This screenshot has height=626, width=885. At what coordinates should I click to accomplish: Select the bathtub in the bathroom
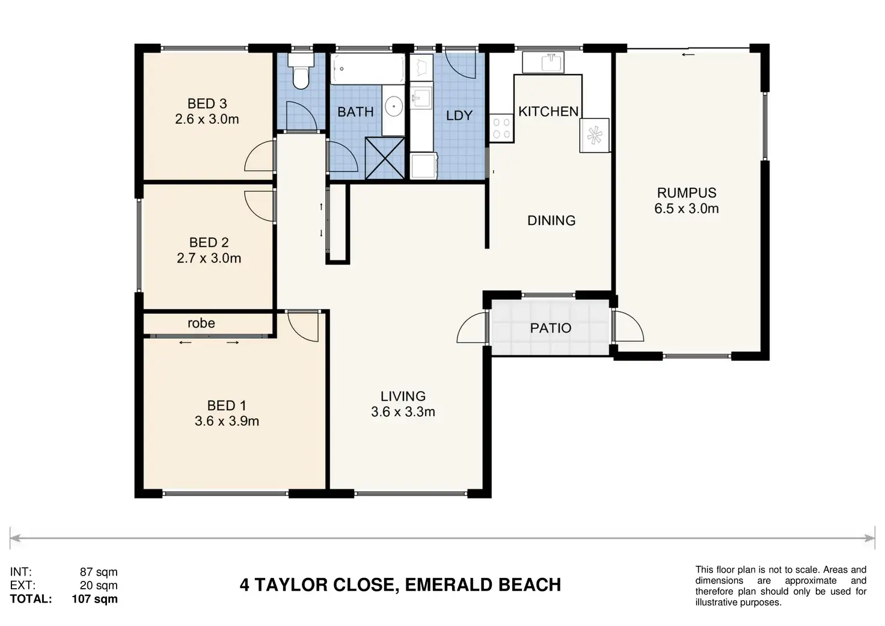368,69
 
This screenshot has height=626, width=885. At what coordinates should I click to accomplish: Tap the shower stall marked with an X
385,158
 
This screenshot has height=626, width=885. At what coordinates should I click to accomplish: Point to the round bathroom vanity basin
394,105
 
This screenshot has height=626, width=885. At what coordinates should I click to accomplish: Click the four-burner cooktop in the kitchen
502,128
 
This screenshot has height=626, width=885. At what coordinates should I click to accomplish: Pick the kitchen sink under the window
544,63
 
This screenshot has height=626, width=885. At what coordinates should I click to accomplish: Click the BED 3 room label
207,103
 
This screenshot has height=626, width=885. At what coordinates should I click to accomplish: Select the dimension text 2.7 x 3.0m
209,258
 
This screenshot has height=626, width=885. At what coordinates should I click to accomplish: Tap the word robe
201,324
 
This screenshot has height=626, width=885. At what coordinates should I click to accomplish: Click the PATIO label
551,328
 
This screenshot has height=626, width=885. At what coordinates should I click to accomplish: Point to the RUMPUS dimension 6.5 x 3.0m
687,208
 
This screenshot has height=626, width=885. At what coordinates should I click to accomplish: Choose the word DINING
551,220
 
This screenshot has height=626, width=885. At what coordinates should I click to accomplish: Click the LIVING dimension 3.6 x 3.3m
403,412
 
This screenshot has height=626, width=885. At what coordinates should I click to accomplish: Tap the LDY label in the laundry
459,115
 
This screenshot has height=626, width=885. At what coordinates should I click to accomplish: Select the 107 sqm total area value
95,599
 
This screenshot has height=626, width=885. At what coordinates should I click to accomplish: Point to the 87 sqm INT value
99,572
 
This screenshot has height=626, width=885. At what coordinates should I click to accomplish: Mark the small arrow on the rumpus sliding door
688,55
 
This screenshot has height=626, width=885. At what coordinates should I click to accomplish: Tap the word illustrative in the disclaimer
716,603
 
